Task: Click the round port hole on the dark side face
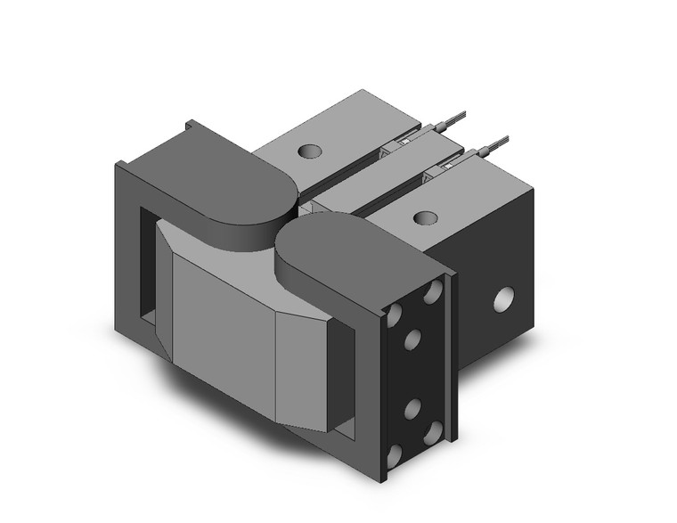[505, 298]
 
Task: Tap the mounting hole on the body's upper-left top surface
[309, 151]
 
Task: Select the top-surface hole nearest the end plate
[426, 217]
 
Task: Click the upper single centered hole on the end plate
[412, 339]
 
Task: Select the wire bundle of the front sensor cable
[497, 142]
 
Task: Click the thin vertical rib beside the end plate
[453, 356]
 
